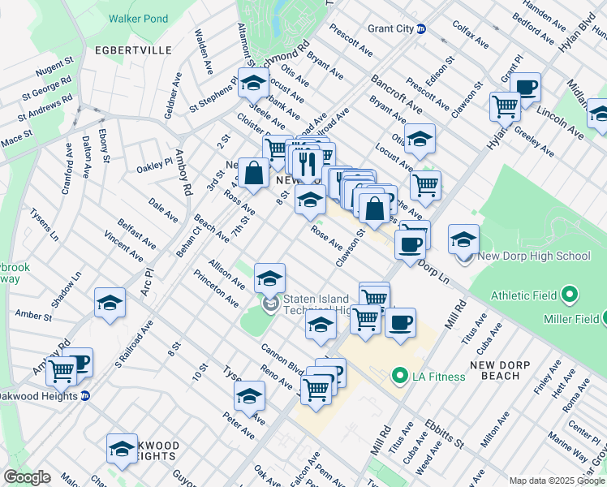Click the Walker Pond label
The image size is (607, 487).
point(138,19)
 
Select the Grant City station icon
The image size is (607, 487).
point(421,29)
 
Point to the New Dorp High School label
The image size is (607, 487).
point(534,256)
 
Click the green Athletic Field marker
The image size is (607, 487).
point(570,292)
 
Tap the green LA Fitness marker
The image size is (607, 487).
point(398,376)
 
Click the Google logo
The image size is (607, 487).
point(27,477)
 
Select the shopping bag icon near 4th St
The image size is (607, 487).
point(254,174)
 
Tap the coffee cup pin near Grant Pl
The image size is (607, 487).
point(526,88)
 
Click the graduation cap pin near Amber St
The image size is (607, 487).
point(110,304)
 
